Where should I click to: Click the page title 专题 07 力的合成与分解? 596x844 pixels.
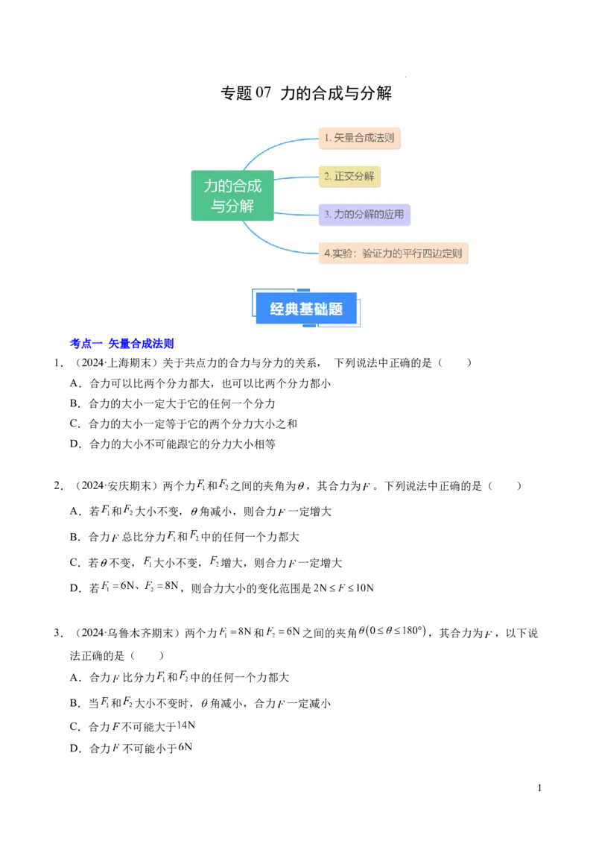(x=306, y=93)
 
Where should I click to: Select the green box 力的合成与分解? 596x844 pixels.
(x=232, y=195)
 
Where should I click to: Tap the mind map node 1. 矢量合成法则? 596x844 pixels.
(x=359, y=138)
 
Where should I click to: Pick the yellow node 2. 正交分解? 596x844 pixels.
(x=349, y=177)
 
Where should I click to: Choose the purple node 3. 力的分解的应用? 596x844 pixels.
(x=364, y=215)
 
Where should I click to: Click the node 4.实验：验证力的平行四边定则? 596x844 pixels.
(x=393, y=253)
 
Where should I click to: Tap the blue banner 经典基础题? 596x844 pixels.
(x=306, y=309)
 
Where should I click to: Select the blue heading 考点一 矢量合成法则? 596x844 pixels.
(x=121, y=344)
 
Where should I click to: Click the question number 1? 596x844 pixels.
(x=58, y=363)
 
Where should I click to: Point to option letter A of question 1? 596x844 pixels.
(x=74, y=383)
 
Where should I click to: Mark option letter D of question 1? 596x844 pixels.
(x=74, y=444)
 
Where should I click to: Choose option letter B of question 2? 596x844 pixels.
(x=74, y=537)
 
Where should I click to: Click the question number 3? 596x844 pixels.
(x=58, y=634)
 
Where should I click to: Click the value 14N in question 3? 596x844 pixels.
(x=186, y=725)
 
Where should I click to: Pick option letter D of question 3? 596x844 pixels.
(x=74, y=749)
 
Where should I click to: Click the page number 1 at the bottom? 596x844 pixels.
(x=539, y=788)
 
